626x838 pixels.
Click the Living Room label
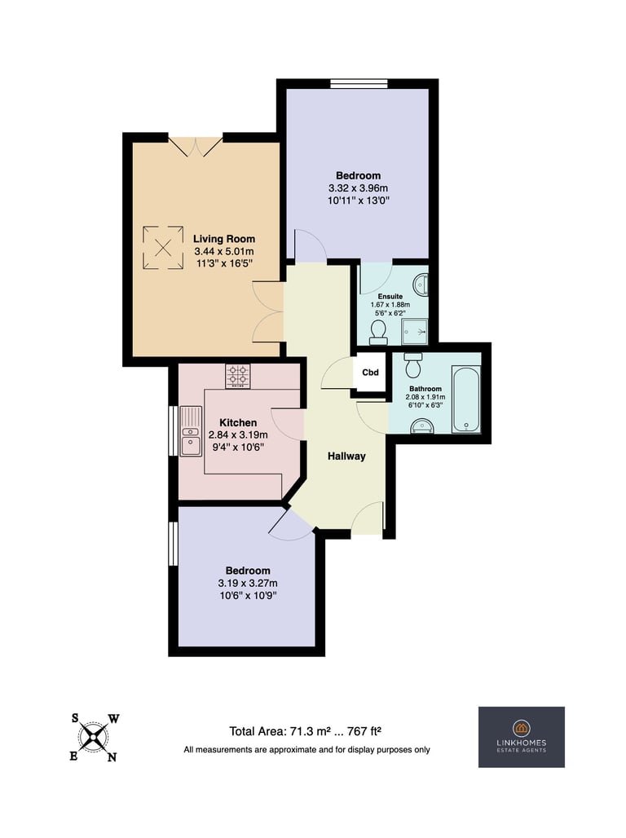[224, 239]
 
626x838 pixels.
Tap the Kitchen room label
[238, 422]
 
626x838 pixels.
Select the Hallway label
[346, 456]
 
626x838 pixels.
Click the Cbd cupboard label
[370, 373]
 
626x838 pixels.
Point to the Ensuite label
[390, 296]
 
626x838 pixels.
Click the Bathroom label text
[425, 389]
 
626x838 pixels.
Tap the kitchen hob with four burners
[237, 376]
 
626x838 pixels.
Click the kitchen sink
[191, 431]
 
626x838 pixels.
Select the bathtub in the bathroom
[466, 399]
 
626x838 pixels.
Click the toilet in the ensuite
[378, 333]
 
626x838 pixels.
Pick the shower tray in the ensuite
[415, 332]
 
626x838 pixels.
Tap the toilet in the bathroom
[413, 365]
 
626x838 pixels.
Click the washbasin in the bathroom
[421, 426]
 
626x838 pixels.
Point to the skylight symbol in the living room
[163, 248]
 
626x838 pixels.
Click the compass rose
[95, 738]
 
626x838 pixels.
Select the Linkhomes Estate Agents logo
[521, 737]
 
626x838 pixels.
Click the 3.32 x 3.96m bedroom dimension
[358, 188]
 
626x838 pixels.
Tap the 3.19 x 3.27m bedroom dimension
[248, 583]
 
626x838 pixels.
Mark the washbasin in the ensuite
[422, 284]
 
